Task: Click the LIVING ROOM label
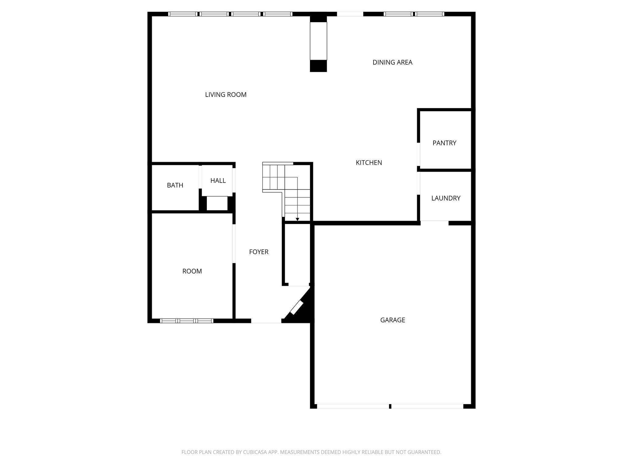(226, 95)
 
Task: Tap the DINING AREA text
(392, 62)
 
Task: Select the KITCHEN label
(369, 163)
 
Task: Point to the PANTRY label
(444, 143)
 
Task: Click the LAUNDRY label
(446, 198)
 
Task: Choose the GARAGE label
(392, 320)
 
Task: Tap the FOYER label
(259, 252)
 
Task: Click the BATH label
(175, 185)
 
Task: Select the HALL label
(218, 181)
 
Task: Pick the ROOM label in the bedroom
(192, 271)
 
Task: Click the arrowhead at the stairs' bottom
(297, 219)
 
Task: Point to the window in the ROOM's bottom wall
(186, 321)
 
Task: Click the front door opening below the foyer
(266, 321)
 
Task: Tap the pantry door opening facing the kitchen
(419, 154)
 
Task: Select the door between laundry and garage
(434, 223)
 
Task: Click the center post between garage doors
(390, 406)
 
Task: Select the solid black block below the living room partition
(318, 66)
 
